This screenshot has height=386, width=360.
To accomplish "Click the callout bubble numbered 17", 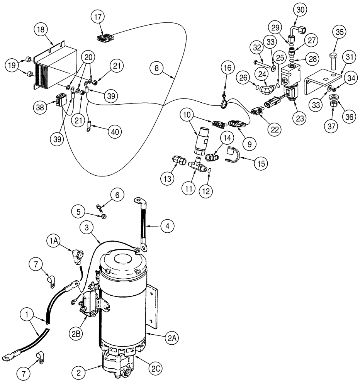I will click(x=98, y=17).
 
